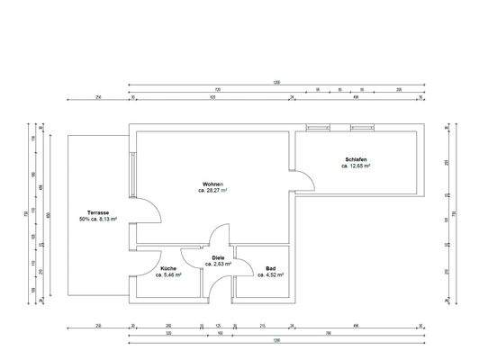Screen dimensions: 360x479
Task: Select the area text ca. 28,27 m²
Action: point(212,191)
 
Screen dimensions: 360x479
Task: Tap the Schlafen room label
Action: point(356,159)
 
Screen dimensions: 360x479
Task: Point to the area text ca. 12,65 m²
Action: point(356,166)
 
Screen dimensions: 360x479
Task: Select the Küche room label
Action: point(168,268)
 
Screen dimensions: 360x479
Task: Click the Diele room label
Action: point(218,258)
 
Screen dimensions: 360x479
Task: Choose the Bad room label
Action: point(270,268)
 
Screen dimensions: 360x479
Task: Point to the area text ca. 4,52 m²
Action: point(270,274)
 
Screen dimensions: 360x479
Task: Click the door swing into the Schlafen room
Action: point(304,181)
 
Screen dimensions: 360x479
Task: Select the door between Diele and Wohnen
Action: point(218,236)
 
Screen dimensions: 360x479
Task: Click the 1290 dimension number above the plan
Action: point(276,82)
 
